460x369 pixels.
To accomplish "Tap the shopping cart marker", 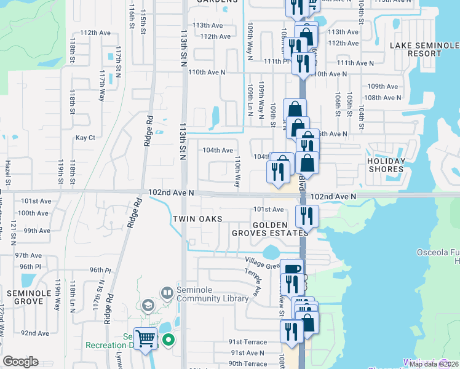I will pos(146,338).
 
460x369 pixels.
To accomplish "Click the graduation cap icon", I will pos(148,306).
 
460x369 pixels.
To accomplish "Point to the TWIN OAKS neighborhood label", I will pos(197,219).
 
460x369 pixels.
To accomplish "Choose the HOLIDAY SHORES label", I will pos(386,165).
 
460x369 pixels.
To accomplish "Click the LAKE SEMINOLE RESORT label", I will pos(424,49).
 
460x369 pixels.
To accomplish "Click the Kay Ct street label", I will pos(85,138).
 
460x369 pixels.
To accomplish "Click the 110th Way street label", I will pos(237,172).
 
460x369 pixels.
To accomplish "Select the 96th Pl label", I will pos(100,270).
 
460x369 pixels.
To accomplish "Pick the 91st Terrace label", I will pos(248,342).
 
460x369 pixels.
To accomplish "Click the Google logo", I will pos(21,361).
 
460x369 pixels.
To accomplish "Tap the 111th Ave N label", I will pos(355,63).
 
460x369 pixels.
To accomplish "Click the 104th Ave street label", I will pos(218,150).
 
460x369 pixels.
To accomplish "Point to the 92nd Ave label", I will pos(35,333).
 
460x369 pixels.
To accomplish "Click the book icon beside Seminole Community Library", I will pos(167,293).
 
